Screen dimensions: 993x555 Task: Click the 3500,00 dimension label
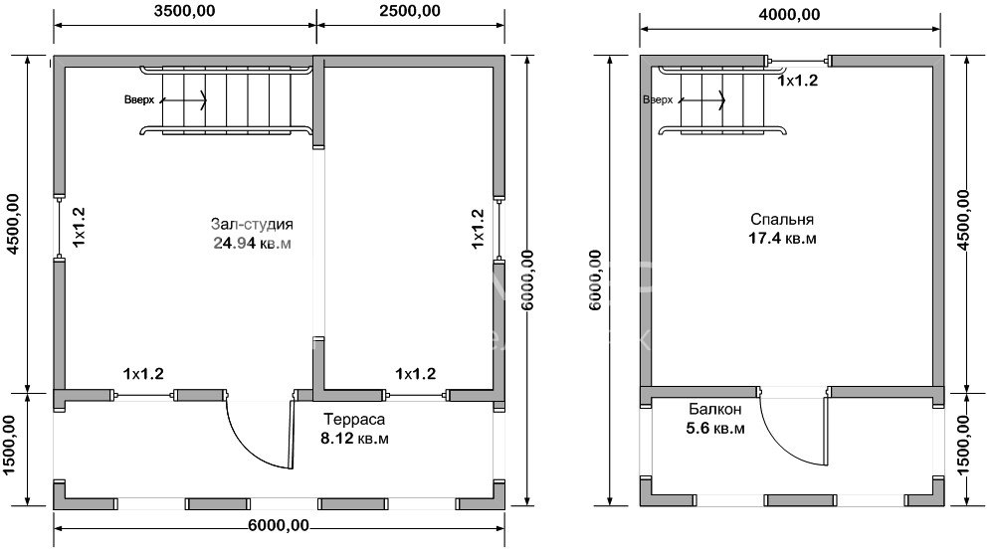coord(184,11)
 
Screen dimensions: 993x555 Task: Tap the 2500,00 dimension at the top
coord(410,11)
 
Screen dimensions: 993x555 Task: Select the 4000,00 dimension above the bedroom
coord(789,15)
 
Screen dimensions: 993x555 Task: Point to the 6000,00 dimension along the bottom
coord(279,525)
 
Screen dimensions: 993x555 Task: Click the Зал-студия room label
coord(252,224)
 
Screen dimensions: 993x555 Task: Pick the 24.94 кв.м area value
coord(252,243)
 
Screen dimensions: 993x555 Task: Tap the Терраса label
coord(354,419)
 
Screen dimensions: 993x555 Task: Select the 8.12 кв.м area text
coord(354,438)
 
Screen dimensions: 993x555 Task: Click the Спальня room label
coord(782,220)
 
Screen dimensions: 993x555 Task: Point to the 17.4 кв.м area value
coord(782,239)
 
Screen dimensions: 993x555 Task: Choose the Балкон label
coord(715,410)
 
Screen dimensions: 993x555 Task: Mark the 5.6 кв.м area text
coord(715,429)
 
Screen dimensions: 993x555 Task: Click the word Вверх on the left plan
coord(139,100)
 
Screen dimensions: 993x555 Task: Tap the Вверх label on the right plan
coord(658,100)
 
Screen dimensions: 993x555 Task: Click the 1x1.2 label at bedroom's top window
coord(798,81)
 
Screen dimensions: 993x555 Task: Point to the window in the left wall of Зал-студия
coord(59,228)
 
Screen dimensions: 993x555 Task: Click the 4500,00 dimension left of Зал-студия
coord(13,224)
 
